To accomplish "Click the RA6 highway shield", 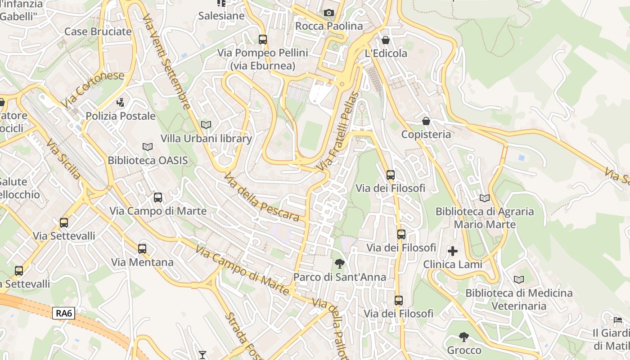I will [63, 313].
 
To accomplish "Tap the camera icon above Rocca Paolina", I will [329, 13].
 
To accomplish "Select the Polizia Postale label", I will [121, 116].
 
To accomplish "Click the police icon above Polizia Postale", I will [120, 103].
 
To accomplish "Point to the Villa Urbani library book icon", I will [206, 125].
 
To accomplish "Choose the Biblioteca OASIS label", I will [148, 160].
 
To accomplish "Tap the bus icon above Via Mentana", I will [142, 248].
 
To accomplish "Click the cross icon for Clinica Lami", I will [453, 251].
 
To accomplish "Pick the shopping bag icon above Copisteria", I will [426, 121].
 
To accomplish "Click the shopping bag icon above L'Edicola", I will [386, 40].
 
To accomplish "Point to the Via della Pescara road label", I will [261, 198].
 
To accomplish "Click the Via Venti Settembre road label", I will [166, 61].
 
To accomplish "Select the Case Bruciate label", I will [98, 31].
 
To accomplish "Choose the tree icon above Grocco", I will [464, 337].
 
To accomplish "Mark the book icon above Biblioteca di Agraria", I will [485, 198].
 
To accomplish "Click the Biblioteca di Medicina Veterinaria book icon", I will [519, 280].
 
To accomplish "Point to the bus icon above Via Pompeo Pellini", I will [263, 40].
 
